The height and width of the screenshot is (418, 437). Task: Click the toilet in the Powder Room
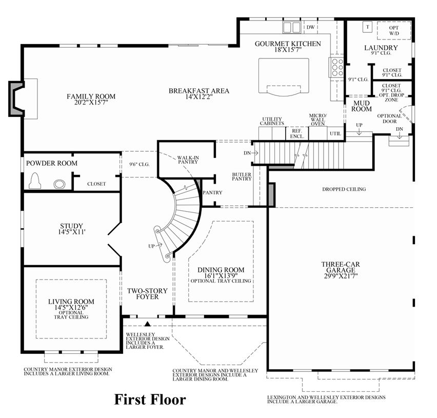pos(35,181)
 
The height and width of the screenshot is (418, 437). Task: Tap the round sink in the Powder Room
pos(59,184)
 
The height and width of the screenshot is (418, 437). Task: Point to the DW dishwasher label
pos(310,27)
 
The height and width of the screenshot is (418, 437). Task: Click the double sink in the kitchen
pos(292,28)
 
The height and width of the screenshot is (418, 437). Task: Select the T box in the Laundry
pos(368,27)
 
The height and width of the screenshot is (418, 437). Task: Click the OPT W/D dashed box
pos(394,30)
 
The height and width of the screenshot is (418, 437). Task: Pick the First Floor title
pos(150,400)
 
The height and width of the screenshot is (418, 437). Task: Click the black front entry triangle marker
pos(148,324)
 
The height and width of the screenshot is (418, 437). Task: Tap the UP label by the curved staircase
pos(151,246)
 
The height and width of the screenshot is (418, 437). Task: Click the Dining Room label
pos(221,270)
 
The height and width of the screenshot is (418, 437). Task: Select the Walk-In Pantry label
pos(188,160)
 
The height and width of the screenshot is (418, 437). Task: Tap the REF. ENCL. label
pos(297,133)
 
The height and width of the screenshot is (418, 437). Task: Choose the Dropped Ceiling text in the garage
pos(344,189)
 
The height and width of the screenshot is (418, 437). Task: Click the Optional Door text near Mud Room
pos(389,118)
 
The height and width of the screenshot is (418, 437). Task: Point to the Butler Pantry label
pos(242,176)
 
